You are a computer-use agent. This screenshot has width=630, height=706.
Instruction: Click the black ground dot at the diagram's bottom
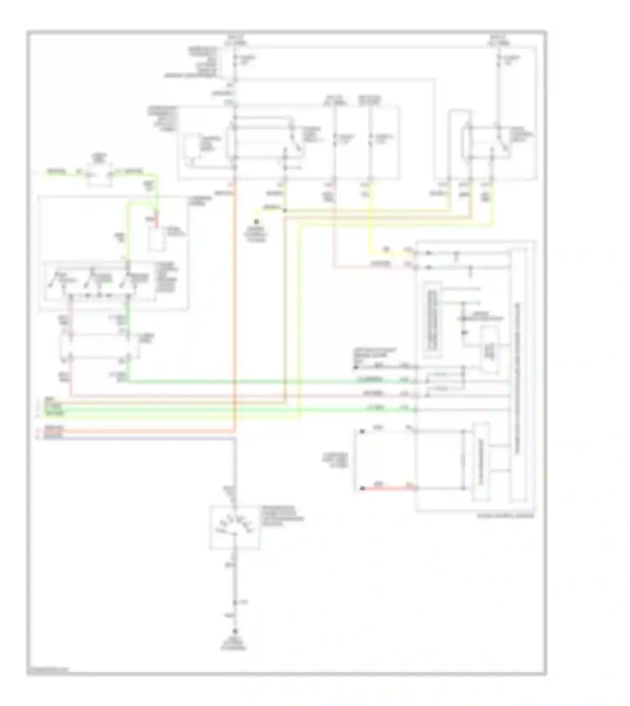(x=235, y=632)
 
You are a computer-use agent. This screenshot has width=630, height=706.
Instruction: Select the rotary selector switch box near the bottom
(x=235, y=527)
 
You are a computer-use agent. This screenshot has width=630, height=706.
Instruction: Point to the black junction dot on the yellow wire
(x=285, y=210)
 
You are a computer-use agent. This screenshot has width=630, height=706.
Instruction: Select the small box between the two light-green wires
(x=100, y=174)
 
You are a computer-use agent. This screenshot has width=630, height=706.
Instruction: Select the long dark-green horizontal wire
(x=269, y=381)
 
